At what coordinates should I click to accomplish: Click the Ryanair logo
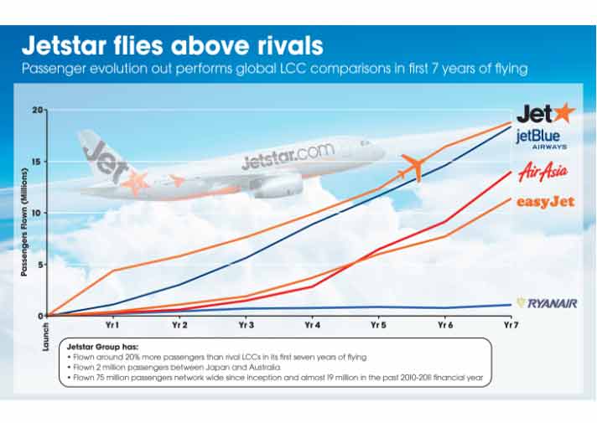[546, 303]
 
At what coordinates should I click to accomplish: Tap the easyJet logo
[545, 202]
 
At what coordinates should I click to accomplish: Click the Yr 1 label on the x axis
[112, 325]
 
